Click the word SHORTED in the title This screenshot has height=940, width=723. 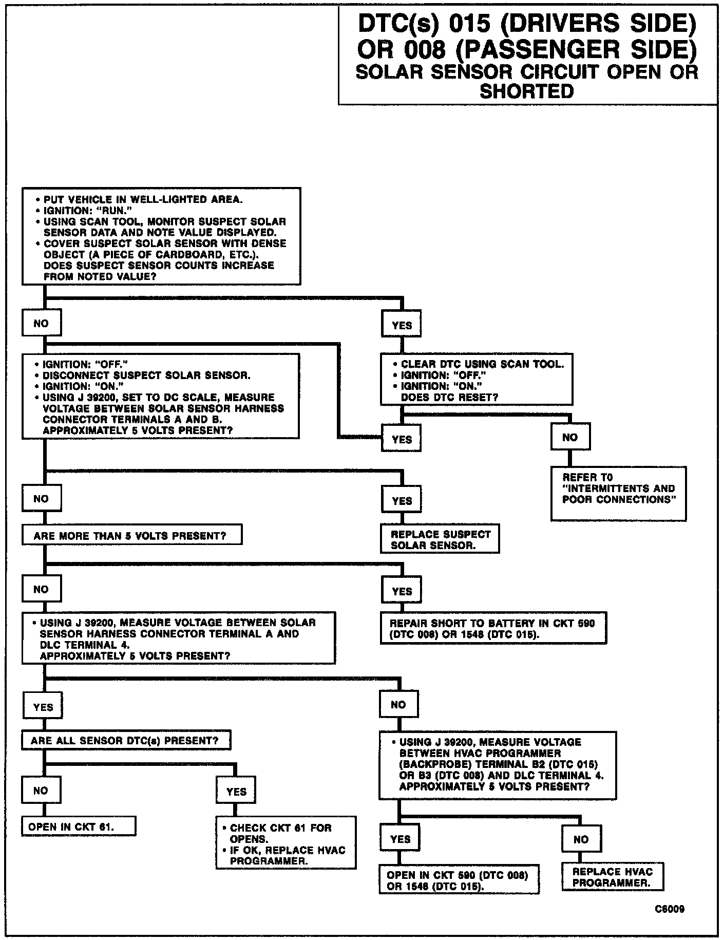526,91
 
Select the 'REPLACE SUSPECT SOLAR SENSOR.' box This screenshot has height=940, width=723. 440,539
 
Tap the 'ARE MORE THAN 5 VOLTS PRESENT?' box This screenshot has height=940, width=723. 131,536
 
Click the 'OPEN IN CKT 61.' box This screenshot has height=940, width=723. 78,826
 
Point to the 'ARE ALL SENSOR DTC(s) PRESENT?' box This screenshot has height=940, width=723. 126,741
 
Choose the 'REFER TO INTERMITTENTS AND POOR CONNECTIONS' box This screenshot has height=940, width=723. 618,493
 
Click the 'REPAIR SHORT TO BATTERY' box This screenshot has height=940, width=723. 492,628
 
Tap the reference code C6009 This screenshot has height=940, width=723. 669,909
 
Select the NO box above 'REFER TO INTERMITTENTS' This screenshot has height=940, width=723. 570,437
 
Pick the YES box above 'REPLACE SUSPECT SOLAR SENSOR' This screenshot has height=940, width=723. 402,500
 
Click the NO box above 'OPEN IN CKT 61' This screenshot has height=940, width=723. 41,790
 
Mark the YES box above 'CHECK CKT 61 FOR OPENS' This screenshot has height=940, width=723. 236,792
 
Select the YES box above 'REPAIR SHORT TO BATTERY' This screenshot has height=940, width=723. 402,591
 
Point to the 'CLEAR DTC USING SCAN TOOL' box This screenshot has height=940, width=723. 476,380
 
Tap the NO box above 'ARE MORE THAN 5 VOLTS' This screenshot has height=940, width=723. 41,498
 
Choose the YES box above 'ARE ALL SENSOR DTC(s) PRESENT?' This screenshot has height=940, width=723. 43,707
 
